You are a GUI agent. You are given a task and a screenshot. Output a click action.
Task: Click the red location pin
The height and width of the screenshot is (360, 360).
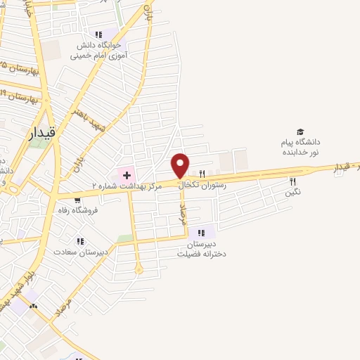pos(181,165)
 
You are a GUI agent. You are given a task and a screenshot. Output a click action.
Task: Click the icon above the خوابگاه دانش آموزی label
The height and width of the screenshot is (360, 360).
pos(98,34)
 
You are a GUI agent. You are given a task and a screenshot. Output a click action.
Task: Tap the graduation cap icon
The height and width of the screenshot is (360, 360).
pos(300,131)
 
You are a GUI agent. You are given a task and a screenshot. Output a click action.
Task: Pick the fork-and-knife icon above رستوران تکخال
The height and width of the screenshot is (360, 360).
pos(202,174)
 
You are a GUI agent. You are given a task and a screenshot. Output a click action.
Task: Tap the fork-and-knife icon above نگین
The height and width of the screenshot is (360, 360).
pos(293,181)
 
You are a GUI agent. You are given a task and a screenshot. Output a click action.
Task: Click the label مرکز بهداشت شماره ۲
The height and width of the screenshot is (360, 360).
pos(127,186)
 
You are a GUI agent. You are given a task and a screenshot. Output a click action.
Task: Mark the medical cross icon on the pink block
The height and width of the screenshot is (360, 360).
pos(127,173)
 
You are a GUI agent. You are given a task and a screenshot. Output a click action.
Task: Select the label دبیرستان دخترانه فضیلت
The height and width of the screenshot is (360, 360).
pos(202,249)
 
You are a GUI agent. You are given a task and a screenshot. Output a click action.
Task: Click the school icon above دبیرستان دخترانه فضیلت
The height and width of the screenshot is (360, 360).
pos(202,233)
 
